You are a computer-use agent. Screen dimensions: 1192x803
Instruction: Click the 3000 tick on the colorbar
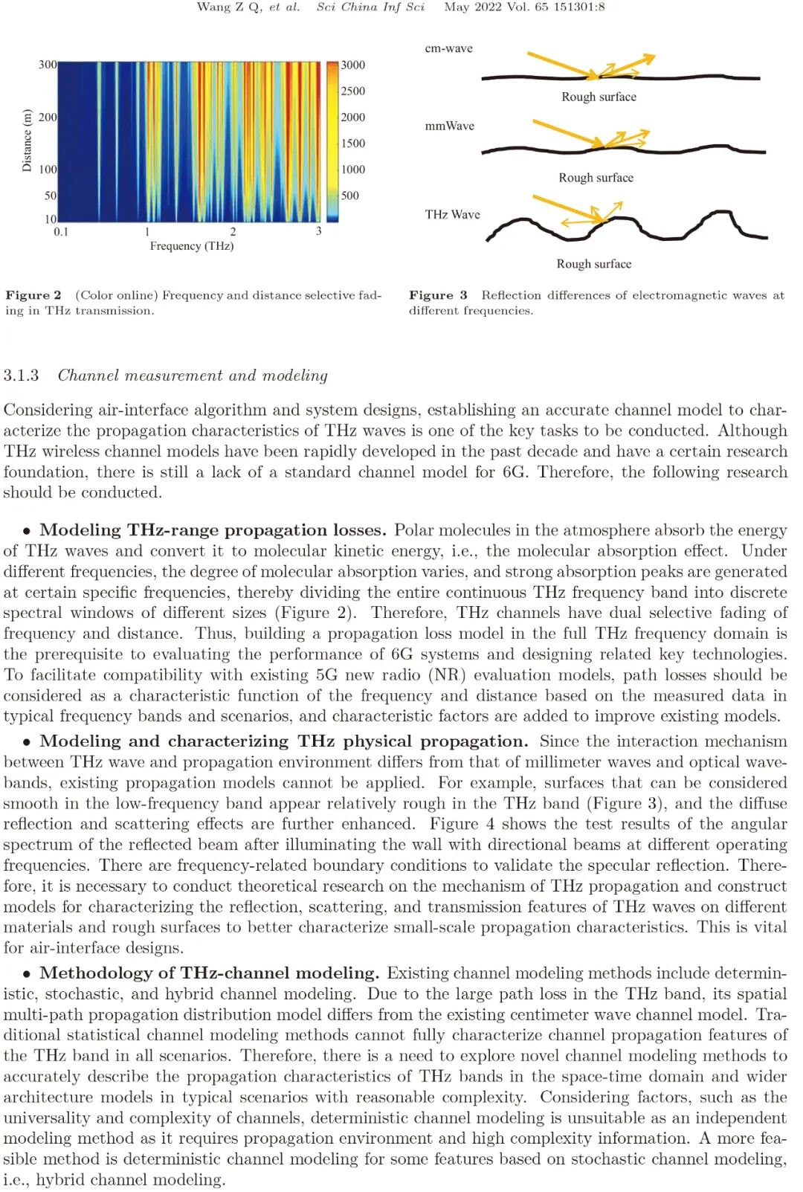coord(353,65)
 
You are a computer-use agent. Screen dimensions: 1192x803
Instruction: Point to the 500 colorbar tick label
coord(349,196)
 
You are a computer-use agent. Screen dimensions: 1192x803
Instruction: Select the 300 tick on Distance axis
coord(48,65)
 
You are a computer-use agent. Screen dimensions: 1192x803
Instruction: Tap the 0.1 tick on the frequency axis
coord(61,232)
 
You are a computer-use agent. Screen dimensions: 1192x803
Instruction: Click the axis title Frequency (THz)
coord(192,246)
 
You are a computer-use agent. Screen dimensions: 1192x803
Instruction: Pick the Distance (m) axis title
coord(28,141)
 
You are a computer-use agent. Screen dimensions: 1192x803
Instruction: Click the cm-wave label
coord(448,48)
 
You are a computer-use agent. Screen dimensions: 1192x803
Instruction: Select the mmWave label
coord(449,126)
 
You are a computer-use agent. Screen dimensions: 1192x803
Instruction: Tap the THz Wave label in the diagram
coord(452,214)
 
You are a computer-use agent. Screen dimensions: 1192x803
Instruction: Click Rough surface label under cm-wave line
coord(599,97)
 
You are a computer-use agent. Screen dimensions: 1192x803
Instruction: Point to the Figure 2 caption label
coord(33,295)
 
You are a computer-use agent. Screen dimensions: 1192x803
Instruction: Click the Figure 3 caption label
coord(438,295)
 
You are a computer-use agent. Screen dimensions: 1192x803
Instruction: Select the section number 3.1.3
coord(21,376)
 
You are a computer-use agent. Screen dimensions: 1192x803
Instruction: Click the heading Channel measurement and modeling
coord(193,376)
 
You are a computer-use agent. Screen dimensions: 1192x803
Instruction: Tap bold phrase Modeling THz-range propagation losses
coord(213,530)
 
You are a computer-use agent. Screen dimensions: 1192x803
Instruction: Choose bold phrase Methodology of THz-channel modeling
coord(210,973)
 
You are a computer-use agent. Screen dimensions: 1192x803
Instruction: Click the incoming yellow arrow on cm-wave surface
coord(561,64)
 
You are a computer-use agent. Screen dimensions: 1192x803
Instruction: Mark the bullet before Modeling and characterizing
coord(27,742)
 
